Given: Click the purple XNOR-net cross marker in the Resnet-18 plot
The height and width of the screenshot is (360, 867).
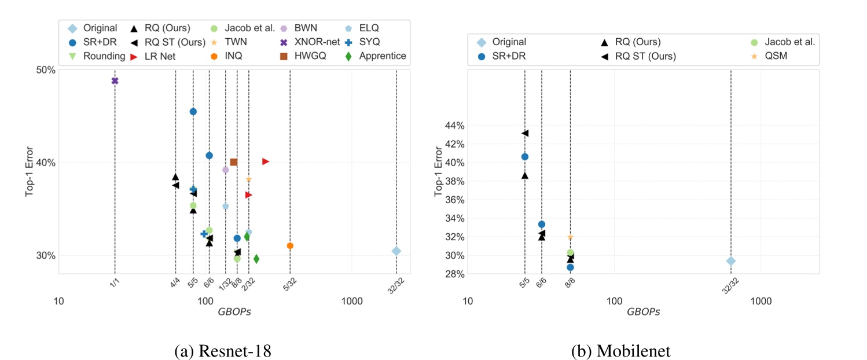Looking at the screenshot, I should pos(115,80).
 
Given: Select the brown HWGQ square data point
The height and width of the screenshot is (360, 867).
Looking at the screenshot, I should pos(234,162).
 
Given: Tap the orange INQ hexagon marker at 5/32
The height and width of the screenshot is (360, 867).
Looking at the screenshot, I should pos(290,246).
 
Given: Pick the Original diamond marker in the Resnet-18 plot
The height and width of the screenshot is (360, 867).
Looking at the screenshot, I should pos(396,251).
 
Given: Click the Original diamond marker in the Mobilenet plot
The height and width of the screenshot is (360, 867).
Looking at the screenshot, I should pos(731,261).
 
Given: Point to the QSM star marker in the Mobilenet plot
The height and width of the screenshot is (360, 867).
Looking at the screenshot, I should pos(570,237).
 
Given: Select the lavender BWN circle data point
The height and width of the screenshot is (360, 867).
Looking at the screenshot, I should pos(225,170).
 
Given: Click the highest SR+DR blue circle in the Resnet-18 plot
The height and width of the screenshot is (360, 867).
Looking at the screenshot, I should pos(193,111).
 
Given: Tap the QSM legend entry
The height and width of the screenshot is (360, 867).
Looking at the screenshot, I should pos(775,56).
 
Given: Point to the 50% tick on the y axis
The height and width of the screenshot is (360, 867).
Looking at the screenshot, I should pos(45,70).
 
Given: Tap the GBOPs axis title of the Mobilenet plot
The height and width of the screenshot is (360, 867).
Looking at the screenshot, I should pos(643,311).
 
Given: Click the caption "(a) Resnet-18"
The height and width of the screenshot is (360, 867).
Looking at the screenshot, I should pos(223,351).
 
